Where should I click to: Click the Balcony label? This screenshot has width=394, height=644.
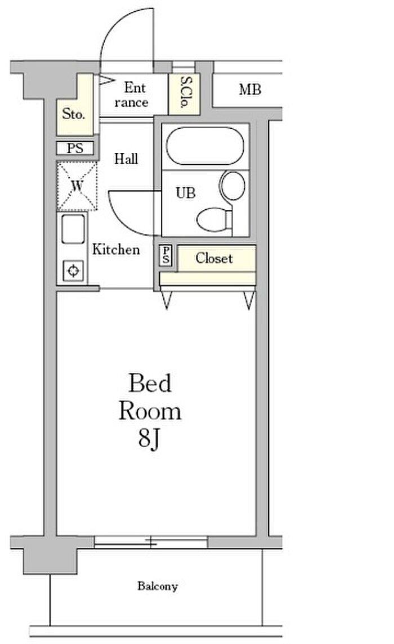pyautogui.click(x=158, y=587)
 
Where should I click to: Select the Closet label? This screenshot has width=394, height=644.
pyautogui.click(x=214, y=259)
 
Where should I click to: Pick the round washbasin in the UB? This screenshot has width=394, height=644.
pyautogui.click(x=232, y=186)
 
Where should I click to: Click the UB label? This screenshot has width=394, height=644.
pyautogui.click(x=186, y=193)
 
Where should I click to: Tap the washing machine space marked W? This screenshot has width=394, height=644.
pyautogui.click(x=77, y=186)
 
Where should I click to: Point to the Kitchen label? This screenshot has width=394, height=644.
pyautogui.click(x=116, y=249)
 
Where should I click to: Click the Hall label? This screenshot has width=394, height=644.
pyautogui.click(x=126, y=159)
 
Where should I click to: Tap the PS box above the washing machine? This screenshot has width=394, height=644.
pyautogui.click(x=75, y=148)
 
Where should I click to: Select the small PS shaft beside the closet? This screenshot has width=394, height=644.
pyautogui.click(x=167, y=256)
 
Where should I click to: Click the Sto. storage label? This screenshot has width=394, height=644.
pyautogui.click(x=74, y=115)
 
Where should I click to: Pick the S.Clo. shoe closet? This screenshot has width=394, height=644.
pyautogui.click(x=185, y=92)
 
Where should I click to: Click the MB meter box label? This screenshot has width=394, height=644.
pyautogui.click(x=249, y=89)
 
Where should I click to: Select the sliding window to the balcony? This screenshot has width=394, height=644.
pyautogui.click(x=151, y=542)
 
